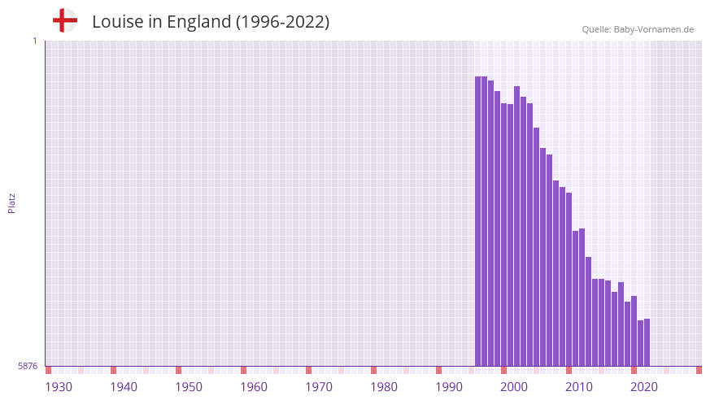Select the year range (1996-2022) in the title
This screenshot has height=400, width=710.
(282, 22)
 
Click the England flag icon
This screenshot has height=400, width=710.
(64, 20)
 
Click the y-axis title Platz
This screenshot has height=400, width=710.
(11, 203)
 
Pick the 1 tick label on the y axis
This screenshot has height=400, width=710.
(34, 41)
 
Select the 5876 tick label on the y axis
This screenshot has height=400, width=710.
(28, 367)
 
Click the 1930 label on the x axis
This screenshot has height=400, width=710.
(59, 387)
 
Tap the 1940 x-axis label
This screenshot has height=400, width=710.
(124, 387)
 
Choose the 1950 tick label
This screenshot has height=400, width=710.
(189, 387)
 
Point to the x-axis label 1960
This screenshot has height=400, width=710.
(254, 387)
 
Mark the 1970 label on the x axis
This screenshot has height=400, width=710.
(319, 387)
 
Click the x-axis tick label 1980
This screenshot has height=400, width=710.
(384, 387)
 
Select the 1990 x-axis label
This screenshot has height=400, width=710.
(449, 387)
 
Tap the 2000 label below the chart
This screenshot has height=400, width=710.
(514, 387)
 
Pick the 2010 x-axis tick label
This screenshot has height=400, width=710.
(579, 387)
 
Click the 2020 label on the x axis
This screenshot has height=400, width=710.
(644, 387)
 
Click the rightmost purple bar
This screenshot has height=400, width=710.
(647, 342)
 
